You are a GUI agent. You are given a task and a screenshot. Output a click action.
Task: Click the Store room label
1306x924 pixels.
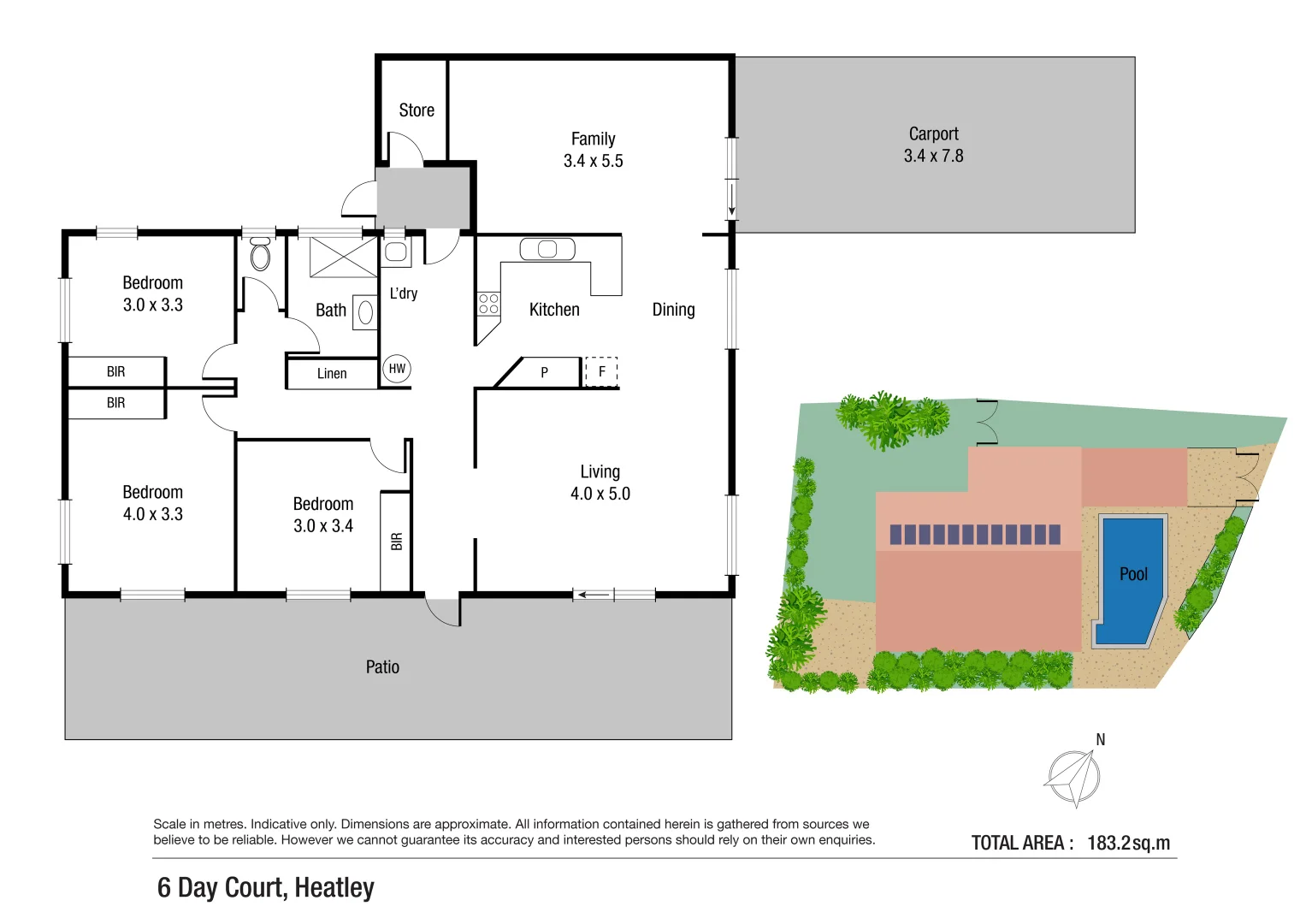(417, 110)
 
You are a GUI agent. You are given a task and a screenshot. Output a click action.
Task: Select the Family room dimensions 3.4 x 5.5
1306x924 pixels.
(593, 161)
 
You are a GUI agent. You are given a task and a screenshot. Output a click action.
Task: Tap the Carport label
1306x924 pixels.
(933, 134)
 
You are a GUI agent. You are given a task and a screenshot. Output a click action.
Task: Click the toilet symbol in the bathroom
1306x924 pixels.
(260, 255)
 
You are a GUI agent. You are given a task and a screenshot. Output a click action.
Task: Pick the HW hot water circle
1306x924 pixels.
(397, 369)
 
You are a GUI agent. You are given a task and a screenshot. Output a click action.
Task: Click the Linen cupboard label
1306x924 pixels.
(332, 374)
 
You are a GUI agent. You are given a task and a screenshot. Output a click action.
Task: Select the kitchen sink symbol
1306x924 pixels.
(547, 249)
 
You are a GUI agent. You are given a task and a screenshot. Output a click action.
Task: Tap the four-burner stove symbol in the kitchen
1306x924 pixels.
(488, 304)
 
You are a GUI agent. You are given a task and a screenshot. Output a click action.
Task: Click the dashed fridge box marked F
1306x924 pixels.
(601, 372)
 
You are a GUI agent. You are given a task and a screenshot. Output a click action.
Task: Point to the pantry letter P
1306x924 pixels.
(544, 373)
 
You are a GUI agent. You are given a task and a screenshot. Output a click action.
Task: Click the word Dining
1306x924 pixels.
(673, 310)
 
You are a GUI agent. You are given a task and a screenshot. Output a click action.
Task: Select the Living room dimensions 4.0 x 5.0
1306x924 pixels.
(600, 494)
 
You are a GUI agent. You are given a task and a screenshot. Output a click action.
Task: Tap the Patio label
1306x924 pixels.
(382, 667)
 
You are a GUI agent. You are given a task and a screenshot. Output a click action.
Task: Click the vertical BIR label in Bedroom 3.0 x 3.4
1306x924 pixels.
(396, 542)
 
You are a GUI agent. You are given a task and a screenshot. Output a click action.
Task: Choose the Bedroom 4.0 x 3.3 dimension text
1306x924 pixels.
(152, 514)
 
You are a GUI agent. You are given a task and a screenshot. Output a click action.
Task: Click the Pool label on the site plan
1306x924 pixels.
(1133, 574)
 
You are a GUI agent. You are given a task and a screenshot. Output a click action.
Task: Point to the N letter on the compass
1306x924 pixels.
(1100, 739)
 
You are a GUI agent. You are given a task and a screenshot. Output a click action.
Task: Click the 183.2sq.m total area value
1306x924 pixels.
(1128, 843)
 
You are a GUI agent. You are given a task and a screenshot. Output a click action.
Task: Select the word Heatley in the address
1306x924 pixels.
(334, 888)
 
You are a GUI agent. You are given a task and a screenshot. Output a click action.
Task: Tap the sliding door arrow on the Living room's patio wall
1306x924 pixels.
(594, 595)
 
